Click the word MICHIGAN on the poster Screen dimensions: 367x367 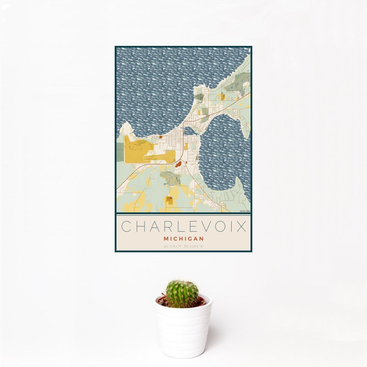point(183,239)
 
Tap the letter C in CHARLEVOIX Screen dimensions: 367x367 point(125,227)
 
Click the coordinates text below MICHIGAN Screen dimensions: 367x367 point(183,247)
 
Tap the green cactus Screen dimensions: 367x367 point(182,294)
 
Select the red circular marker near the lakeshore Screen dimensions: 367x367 point(161,137)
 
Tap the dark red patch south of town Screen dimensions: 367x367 point(178,163)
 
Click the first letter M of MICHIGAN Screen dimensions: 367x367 point(165,239)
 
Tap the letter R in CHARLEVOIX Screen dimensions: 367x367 point(166,227)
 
